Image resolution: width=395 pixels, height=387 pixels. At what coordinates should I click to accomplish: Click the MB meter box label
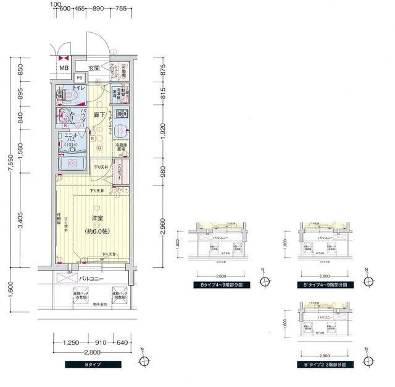pyautogui.click(x=63, y=68)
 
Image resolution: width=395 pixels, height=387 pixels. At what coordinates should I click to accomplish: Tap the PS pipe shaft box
pyautogui.click(x=79, y=78)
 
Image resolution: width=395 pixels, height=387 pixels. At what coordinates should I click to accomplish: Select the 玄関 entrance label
pyautogui.click(x=94, y=67)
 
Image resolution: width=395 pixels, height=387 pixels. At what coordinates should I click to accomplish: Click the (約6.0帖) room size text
pyautogui.click(x=97, y=231)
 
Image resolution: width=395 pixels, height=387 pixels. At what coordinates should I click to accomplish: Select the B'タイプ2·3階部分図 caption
pyautogui.click(x=329, y=365)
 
